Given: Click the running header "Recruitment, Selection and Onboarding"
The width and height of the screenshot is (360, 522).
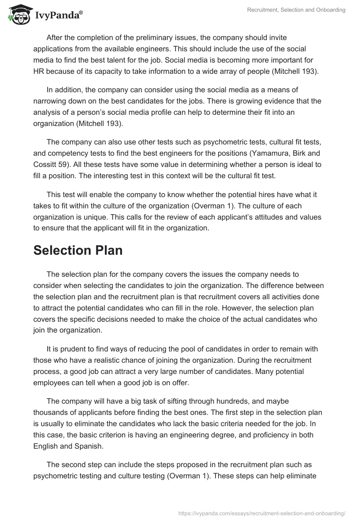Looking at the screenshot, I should [296, 10].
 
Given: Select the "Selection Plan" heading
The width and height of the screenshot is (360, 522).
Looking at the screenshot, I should [78, 250].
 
